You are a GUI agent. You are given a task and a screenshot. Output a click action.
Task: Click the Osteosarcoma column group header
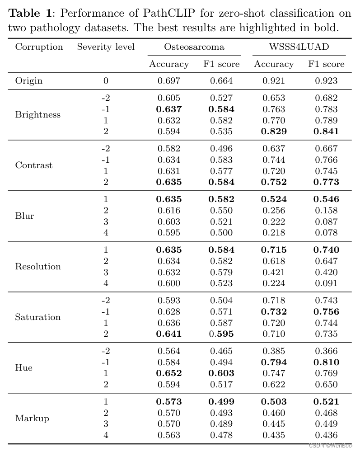point(194,47)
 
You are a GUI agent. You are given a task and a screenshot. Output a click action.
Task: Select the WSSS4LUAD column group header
point(299,47)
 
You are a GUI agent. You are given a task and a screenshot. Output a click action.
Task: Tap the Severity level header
point(106,47)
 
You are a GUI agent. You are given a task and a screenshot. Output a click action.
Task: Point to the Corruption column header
point(39,47)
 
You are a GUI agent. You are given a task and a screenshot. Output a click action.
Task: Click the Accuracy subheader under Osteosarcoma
point(169,64)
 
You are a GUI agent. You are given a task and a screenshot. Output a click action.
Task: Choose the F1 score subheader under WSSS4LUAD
point(326,64)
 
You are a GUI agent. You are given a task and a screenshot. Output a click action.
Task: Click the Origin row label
point(29,81)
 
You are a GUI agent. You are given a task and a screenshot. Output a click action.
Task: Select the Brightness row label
point(37,115)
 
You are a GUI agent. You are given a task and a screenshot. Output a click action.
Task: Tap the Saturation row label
point(37,317)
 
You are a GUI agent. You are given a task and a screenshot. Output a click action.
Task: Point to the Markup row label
point(32,419)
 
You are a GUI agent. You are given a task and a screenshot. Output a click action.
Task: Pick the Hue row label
point(23,368)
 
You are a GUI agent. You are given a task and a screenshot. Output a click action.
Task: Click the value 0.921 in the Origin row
point(274,81)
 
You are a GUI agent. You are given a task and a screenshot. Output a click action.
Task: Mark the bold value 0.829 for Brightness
point(274,132)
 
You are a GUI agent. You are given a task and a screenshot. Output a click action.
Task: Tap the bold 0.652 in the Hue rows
point(169,373)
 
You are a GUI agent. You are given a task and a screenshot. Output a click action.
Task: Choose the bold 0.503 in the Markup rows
point(274,402)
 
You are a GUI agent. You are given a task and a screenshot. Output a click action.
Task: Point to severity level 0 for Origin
point(106,81)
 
